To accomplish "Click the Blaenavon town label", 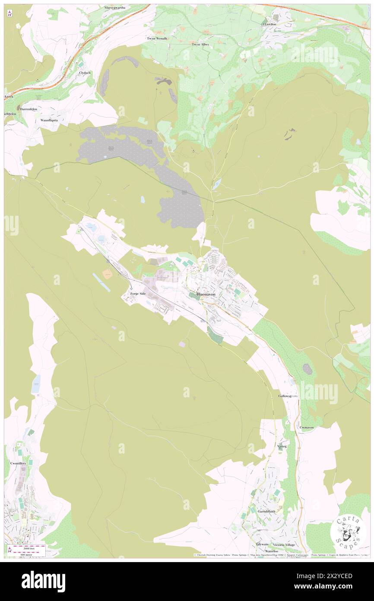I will click(206, 294).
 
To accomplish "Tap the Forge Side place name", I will click(139, 294).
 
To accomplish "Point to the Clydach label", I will click(85, 73).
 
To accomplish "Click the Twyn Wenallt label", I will click(157, 38).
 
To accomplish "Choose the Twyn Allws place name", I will click(200, 44).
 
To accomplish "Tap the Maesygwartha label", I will click(114, 7).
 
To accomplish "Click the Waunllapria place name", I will click(49, 120).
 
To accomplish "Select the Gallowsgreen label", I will click(288, 396).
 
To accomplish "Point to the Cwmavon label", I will click(307, 427).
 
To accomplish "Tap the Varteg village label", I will click(282, 446).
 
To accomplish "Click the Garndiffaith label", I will click(266, 511).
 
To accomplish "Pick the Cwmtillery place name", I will click(18, 463).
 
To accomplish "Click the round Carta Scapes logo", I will click(348, 532).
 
